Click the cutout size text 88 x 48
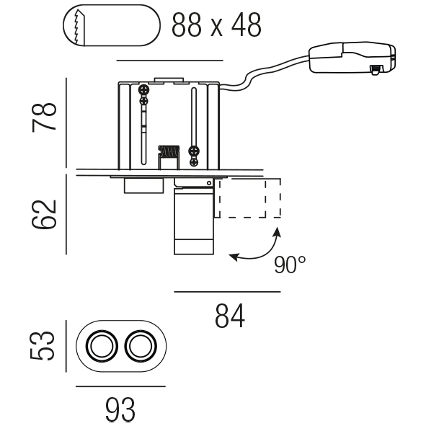pyautogui.click(x=216, y=25)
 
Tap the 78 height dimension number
pyautogui.click(x=44, y=117)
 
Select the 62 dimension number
pyautogui.click(x=44, y=215)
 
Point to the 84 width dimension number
pyautogui.click(x=230, y=316)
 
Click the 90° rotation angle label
pyautogui.click(x=290, y=265)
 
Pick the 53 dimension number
pyautogui.click(x=43, y=346)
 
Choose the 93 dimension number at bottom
pyautogui.click(x=120, y=409)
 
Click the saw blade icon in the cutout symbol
pyautogui.click(x=79, y=27)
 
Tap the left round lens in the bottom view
pyautogui.click(x=102, y=346)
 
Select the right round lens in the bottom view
pyautogui.click(x=141, y=346)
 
